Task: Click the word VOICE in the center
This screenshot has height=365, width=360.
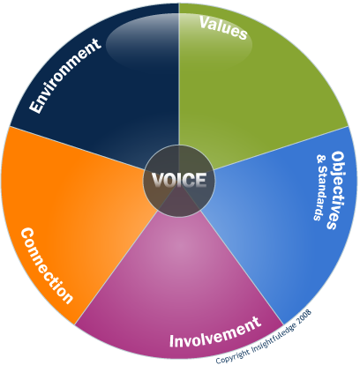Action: (x=179, y=180)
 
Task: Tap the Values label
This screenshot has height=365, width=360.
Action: (x=223, y=28)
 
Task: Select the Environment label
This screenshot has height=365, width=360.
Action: (x=65, y=76)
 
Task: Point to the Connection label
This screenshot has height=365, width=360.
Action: (x=47, y=265)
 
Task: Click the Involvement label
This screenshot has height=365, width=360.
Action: (x=215, y=332)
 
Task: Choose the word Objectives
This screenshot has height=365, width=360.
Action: (x=336, y=190)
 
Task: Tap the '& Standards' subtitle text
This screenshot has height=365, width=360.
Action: (x=321, y=188)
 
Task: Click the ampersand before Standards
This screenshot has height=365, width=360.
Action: (x=322, y=159)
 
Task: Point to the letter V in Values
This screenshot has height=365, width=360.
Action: (x=205, y=22)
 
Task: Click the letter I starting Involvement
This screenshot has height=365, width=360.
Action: (x=172, y=341)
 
